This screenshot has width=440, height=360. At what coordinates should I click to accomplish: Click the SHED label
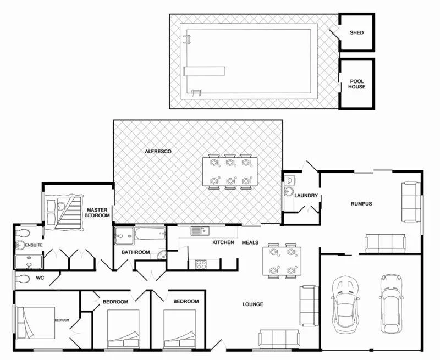356,32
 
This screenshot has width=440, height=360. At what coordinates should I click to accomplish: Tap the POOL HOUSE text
357,84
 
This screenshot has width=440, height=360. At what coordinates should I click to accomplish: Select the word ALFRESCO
158,151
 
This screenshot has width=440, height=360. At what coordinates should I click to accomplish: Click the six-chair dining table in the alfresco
230,172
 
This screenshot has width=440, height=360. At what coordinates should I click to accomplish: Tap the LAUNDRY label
305,196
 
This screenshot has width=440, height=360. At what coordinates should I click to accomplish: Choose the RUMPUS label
361,204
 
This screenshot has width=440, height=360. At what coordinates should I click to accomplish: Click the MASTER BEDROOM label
98,213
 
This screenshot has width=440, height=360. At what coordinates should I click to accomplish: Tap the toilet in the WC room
23,279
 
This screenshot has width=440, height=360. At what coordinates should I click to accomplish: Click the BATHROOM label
135,252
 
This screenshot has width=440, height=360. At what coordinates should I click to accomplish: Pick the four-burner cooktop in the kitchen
201,263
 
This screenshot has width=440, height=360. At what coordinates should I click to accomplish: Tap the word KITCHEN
223,242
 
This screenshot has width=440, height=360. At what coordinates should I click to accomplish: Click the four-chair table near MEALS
282,261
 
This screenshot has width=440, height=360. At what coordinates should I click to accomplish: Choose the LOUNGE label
252,304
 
